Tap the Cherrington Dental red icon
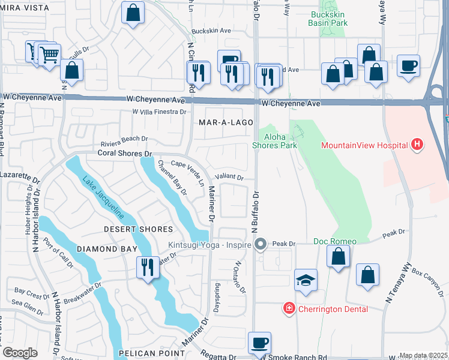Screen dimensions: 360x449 click(289, 308)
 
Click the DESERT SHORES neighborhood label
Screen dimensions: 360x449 click(138, 229)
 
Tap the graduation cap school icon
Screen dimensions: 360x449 click(306, 280)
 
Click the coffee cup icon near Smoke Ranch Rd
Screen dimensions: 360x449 click(259, 343)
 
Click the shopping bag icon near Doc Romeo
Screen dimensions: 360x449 click(339, 257)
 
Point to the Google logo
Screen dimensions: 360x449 click(20, 352)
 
